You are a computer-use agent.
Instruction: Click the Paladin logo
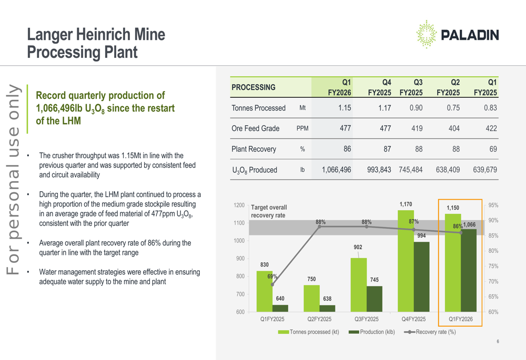click(x=457, y=35)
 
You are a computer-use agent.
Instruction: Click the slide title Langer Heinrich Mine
click(x=96, y=35)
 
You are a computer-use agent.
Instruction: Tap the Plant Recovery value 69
click(x=492, y=149)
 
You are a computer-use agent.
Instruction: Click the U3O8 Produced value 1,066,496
click(x=336, y=170)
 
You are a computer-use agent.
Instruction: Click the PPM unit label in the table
click(x=302, y=129)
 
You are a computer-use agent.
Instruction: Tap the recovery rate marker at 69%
click(x=272, y=284)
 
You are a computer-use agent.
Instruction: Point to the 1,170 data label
click(x=406, y=204)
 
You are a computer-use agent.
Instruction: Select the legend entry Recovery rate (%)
click(x=431, y=332)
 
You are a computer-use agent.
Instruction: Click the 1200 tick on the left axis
click(x=239, y=205)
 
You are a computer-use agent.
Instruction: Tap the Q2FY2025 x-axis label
click(x=319, y=319)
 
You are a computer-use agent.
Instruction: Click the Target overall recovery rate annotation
click(x=269, y=211)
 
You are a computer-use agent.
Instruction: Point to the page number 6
click(x=498, y=343)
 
